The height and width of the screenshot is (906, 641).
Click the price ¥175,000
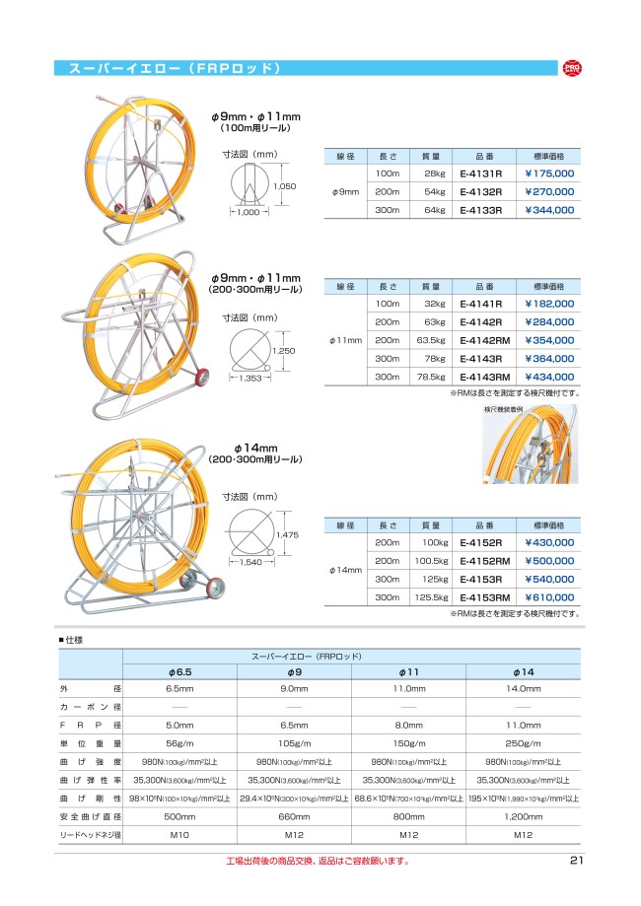click(549, 174)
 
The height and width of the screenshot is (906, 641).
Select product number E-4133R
click(481, 210)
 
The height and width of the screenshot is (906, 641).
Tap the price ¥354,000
click(549, 340)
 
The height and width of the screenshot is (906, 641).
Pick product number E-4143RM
click(483, 378)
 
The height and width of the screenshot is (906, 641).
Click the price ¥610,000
click(549, 597)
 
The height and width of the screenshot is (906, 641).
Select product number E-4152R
click(481, 542)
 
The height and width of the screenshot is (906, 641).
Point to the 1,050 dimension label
click(285, 186)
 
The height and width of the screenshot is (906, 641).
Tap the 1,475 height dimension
click(287, 534)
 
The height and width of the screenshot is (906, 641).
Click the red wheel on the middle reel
click(206, 376)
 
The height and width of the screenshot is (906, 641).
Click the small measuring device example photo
click(531, 447)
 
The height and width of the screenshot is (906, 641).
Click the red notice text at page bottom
click(317, 861)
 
